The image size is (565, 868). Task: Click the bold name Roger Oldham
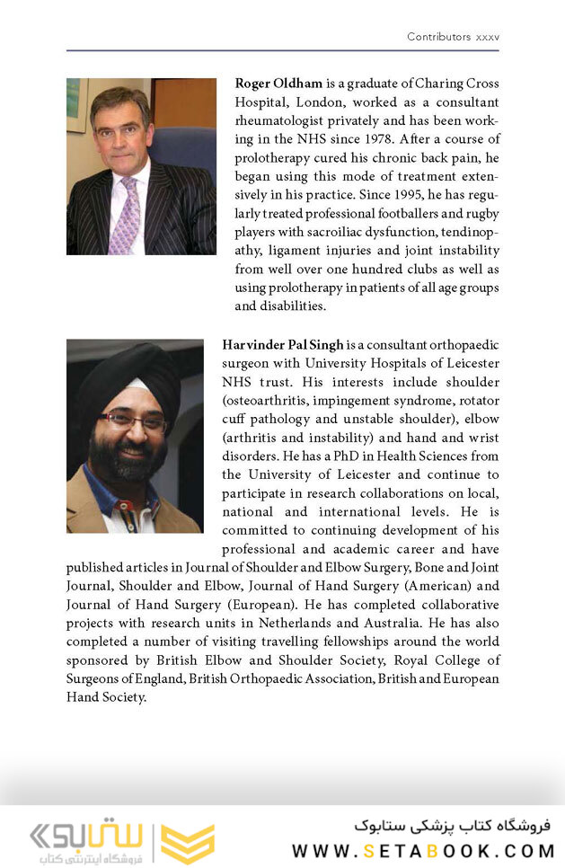click(x=278, y=84)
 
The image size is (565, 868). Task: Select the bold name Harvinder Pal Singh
click(x=283, y=345)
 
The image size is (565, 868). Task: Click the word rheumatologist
click(x=285, y=121)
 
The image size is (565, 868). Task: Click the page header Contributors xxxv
click(x=453, y=37)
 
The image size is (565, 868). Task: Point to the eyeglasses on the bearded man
click(x=133, y=421)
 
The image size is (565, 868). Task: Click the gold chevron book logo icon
click(x=187, y=843)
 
